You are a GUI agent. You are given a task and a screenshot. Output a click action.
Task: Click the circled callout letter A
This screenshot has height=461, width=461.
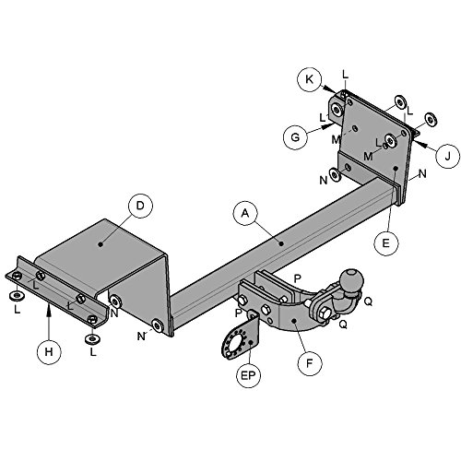(245, 213)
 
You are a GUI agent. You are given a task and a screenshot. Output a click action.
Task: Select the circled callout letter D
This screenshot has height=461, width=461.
(140, 206)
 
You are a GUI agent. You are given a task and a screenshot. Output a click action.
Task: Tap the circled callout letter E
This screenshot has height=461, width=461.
(385, 243)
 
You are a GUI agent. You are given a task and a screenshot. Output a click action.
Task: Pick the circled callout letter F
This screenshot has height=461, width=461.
(310, 363)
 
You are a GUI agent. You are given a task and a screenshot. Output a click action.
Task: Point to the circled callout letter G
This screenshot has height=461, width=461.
(295, 137)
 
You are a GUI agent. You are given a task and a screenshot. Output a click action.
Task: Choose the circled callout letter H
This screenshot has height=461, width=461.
(49, 351)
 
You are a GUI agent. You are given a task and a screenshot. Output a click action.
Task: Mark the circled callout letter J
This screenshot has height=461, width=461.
(448, 156)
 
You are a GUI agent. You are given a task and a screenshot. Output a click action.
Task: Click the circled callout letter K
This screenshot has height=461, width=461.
(309, 79)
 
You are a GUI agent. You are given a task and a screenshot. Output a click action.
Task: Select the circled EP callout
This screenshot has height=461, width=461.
(248, 375)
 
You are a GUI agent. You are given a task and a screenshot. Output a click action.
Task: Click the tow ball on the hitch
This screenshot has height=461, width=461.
(351, 280)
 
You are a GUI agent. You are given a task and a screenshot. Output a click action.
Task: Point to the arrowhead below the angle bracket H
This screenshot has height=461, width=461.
(49, 309)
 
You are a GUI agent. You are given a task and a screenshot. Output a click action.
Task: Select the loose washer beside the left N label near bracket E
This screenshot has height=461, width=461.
(336, 174)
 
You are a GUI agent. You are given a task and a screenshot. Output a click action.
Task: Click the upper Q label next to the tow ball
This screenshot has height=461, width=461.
(368, 301)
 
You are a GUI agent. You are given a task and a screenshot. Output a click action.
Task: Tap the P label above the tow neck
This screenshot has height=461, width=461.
(298, 278)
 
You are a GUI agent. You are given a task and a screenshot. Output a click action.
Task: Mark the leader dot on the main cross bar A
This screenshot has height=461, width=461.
(281, 243)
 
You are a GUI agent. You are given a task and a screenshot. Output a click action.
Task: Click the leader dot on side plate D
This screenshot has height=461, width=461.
(100, 244)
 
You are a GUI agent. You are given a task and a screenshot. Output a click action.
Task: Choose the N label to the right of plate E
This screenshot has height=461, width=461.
(423, 174)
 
